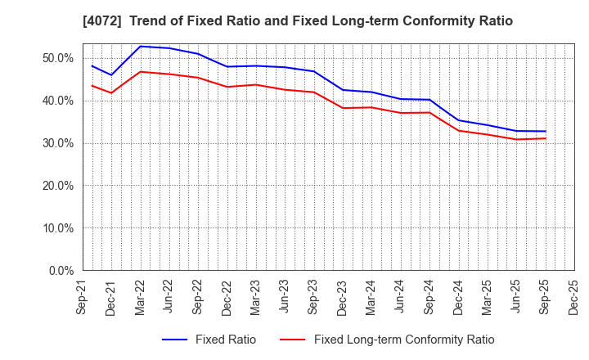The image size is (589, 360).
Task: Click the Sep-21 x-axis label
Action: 83,297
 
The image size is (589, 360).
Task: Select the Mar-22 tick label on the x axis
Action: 140,297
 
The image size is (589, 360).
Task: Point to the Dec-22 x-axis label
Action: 227,297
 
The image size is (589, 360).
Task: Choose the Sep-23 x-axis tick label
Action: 313,297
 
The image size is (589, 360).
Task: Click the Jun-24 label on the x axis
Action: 400,297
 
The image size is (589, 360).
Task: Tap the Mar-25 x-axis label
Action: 487,297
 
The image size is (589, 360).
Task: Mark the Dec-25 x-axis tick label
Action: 573,297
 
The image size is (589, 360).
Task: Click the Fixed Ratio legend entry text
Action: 225,340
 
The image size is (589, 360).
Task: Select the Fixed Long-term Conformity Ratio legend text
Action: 404,340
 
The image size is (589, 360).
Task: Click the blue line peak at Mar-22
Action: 140,47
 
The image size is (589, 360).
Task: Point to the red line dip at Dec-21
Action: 111,92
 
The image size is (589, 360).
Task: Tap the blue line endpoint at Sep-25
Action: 545,131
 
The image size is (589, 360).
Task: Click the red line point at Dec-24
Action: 458,130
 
